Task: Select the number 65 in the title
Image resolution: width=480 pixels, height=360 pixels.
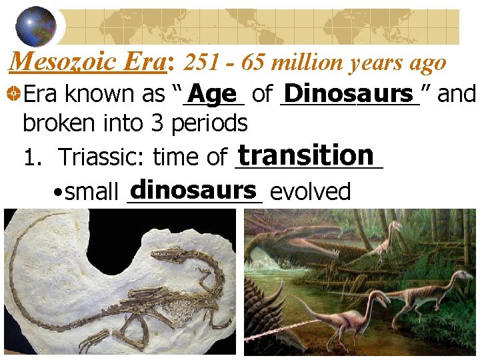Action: [x=251, y=63]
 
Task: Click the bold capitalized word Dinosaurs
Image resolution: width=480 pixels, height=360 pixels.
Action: [x=349, y=93]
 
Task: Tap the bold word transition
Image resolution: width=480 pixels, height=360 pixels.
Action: [x=306, y=155]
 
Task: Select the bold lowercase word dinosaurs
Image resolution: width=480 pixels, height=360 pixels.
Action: [x=194, y=190]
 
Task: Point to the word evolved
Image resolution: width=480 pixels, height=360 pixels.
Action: [x=311, y=192]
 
